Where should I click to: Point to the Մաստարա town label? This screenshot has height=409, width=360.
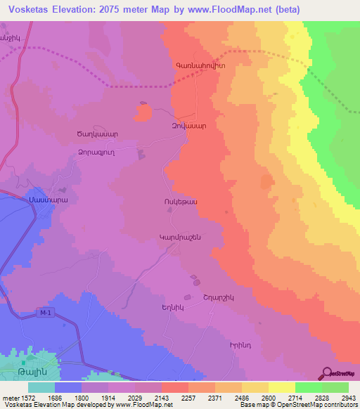coord(48,200)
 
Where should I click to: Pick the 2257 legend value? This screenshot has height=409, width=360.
coord(188,398)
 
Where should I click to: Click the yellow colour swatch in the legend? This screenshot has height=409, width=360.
coord(281,387)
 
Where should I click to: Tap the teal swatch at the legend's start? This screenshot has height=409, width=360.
coord(41,387)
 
